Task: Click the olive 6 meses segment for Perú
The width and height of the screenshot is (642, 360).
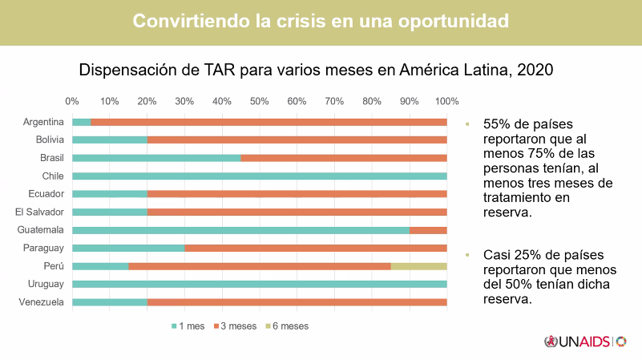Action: click(418, 265)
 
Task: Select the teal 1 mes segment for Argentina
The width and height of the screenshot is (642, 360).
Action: click(82, 122)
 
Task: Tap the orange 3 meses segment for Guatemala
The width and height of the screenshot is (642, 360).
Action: click(428, 229)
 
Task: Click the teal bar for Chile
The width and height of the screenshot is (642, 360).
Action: click(259, 176)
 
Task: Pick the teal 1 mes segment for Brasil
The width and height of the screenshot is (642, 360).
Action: click(156, 158)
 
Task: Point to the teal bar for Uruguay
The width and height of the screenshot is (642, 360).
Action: click(259, 284)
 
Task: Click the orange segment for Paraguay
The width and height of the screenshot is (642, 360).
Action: click(316, 248)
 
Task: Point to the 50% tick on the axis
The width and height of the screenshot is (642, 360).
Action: click(259, 102)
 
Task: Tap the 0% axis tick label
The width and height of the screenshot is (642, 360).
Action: click(72, 102)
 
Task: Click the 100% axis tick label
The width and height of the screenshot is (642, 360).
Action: click(446, 102)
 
